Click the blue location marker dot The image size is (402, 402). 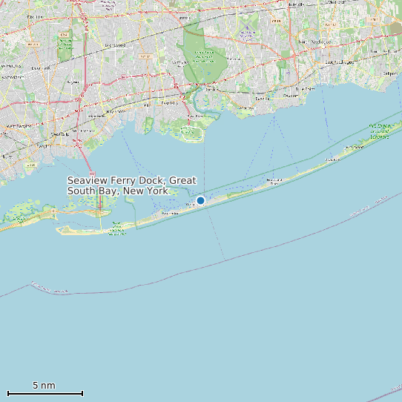tap(200, 200)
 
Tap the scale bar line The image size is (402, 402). tap(45, 393)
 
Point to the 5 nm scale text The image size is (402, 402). tap(44, 385)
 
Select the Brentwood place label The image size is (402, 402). tap(115, 45)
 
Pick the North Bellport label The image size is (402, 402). tap(385, 51)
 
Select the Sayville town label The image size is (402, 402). tap(262, 98)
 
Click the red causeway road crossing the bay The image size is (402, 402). tap(88, 178)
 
